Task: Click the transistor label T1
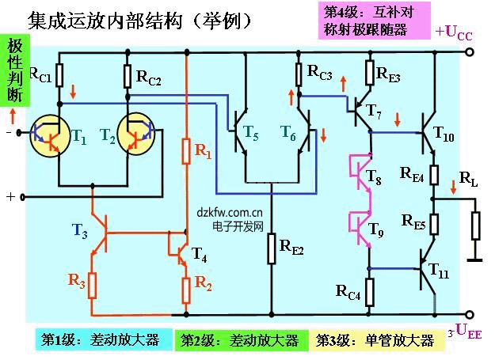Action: pos(78,135)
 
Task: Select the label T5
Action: pos(250,135)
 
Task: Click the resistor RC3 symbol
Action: pos(299,74)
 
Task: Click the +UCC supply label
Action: pos(454,32)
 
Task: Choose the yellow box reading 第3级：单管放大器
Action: pos(375,340)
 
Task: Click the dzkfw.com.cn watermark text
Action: pos(230,212)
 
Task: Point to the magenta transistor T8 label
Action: pos(374,181)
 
